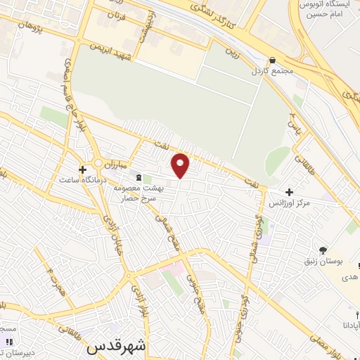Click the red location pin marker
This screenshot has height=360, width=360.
pos(181,165)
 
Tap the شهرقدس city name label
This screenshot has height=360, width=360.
pos(116,347)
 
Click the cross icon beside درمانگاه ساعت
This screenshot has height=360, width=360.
pos(83,169)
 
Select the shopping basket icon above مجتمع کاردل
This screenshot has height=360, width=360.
pos(272,60)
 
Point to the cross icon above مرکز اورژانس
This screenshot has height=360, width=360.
pos(289,191)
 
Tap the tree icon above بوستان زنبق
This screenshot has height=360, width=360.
pos(323,250)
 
